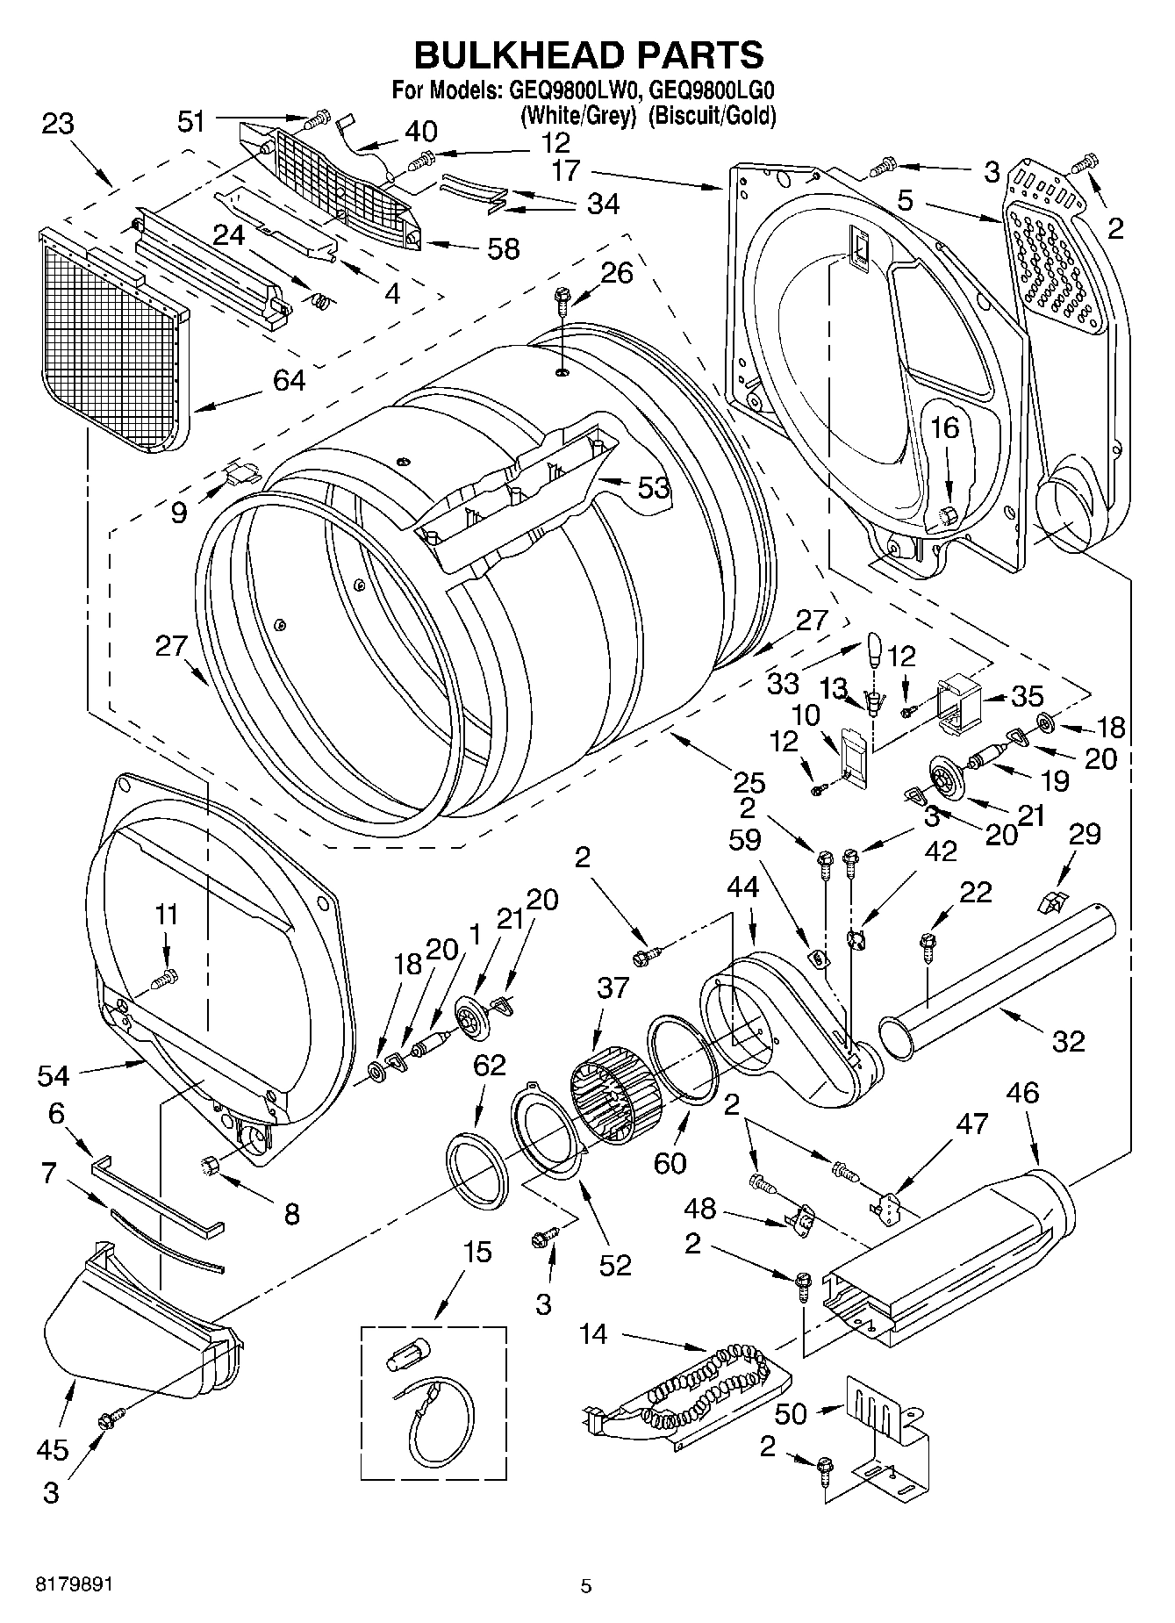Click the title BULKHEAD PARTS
point(588,54)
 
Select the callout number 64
point(289,380)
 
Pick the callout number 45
point(52,1449)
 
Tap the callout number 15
point(477,1251)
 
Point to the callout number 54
point(53,1074)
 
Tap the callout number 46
point(1023,1093)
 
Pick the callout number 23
point(58,124)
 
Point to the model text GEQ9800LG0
point(713,89)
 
